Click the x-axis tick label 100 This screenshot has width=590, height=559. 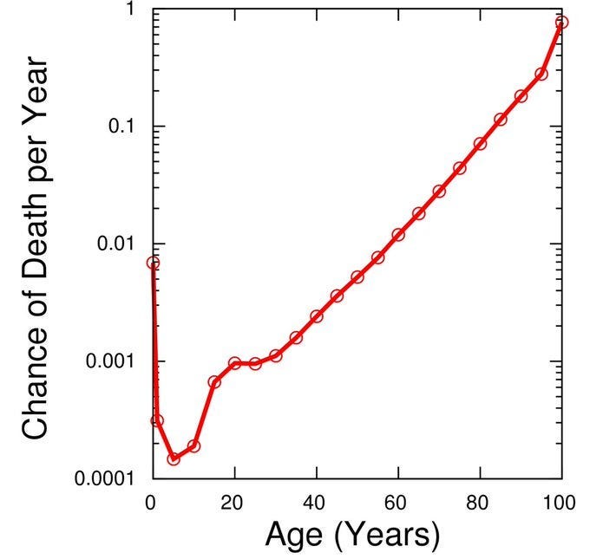click(x=561, y=502)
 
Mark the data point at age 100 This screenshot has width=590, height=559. click(x=561, y=23)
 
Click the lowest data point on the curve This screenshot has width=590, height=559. click(x=174, y=458)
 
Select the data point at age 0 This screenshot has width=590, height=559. click(x=154, y=263)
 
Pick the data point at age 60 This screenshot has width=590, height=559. click(x=398, y=235)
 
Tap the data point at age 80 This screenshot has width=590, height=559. click(x=480, y=143)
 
